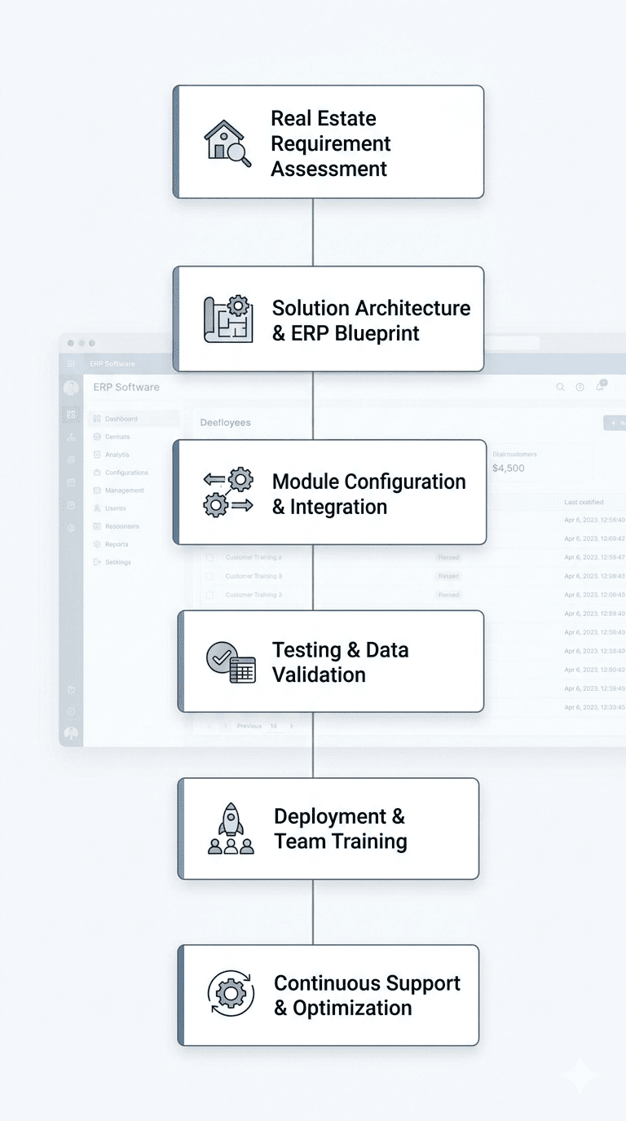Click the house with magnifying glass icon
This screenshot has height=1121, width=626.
point(227,143)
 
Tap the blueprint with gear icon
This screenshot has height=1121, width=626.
point(228,319)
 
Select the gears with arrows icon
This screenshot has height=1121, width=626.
point(228,493)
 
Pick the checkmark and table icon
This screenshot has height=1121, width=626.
point(231,662)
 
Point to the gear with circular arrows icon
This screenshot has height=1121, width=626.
point(231,994)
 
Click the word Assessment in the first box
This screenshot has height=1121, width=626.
point(328,169)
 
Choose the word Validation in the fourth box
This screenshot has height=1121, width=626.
point(319,675)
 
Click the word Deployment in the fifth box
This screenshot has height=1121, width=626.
point(329,816)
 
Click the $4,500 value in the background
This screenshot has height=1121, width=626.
point(509,468)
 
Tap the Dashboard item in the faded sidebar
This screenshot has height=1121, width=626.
point(121,419)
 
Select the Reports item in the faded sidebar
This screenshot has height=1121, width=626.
point(117,544)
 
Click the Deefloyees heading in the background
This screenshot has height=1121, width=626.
point(226,423)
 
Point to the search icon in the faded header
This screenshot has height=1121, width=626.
point(560,388)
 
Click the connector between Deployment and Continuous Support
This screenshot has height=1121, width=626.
point(313,912)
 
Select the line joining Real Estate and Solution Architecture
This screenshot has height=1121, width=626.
point(313,232)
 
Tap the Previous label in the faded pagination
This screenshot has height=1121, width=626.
point(249,726)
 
